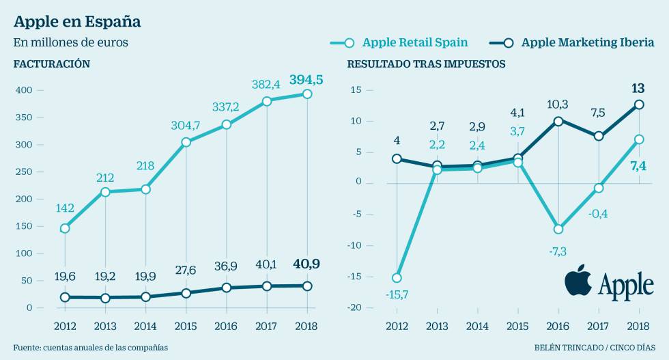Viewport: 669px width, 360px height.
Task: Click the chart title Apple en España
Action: tap(77, 21)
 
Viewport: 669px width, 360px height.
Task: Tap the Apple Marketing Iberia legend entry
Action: tap(577, 42)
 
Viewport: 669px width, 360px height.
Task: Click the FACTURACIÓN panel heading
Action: tap(52, 64)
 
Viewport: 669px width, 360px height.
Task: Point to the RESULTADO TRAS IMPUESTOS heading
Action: tap(427, 64)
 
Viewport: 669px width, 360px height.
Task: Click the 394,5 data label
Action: tap(306, 80)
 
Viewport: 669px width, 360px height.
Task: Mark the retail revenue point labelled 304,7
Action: tap(186, 142)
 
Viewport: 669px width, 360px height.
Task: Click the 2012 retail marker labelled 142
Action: tap(65, 228)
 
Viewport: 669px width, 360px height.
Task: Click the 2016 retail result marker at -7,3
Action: tap(558, 229)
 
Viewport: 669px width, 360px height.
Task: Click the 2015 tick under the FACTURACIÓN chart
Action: tap(186, 325)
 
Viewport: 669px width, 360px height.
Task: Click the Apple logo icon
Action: tap(578, 281)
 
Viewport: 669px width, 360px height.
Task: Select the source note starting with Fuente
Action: tap(90, 348)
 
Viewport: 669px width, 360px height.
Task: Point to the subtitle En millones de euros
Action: tap(70, 42)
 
